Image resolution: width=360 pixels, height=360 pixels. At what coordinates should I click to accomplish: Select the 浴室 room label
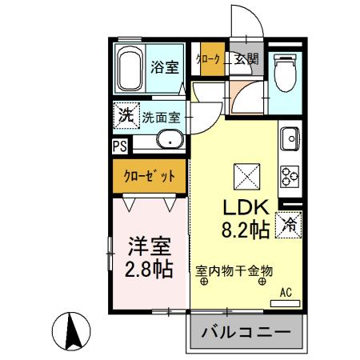[x=166, y=68]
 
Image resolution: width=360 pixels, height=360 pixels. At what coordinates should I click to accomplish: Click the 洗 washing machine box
[x=126, y=114]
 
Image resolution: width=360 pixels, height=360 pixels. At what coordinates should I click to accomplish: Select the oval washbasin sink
[x=170, y=142]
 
